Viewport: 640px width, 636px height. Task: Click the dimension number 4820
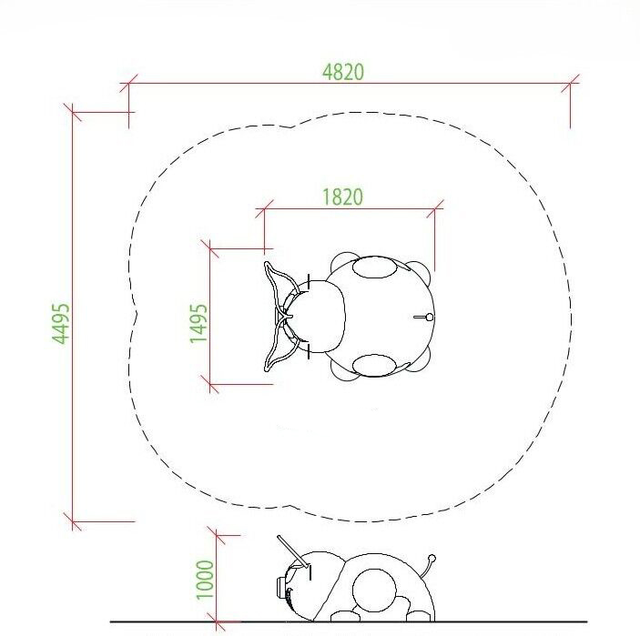click(343, 72)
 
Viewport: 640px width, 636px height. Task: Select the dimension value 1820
click(343, 197)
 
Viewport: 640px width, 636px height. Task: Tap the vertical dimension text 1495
click(198, 323)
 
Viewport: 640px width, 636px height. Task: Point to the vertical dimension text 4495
click(61, 324)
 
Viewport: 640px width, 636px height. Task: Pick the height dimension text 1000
click(205, 580)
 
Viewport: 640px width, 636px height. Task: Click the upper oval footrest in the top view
click(374, 268)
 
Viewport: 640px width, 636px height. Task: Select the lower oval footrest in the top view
click(374, 365)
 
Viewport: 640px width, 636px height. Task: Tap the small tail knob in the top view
click(429, 317)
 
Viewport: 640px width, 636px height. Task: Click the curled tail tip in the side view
click(432, 558)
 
